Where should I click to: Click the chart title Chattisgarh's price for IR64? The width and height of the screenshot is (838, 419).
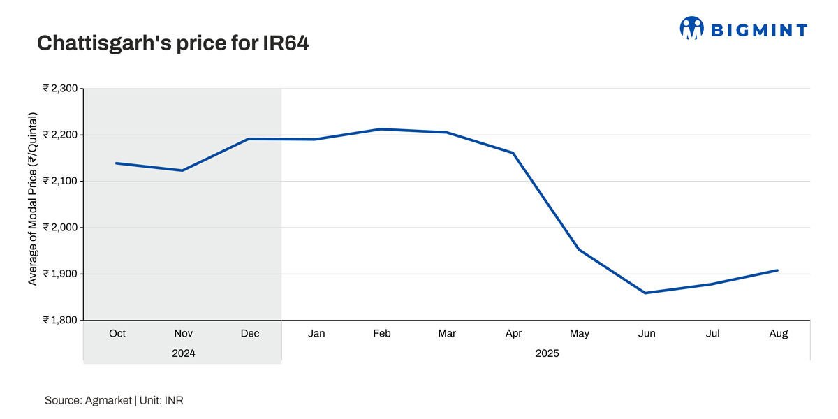pyautogui.click(x=172, y=43)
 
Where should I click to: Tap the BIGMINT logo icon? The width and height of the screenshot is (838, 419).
pyautogui.click(x=692, y=28)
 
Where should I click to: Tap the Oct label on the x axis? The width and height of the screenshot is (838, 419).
pyautogui.click(x=117, y=334)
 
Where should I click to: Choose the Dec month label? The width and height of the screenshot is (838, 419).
pyautogui.click(x=249, y=334)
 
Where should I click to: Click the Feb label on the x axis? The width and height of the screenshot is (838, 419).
pyautogui.click(x=381, y=334)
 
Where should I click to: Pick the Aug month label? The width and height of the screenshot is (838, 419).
pyautogui.click(x=778, y=334)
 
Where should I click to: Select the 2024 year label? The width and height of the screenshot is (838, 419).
pyautogui.click(x=184, y=353)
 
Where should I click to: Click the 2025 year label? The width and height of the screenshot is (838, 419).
pyautogui.click(x=547, y=353)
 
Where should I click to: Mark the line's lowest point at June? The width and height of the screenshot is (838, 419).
pyautogui.click(x=646, y=293)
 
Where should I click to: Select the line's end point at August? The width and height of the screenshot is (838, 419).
pyautogui.click(x=777, y=270)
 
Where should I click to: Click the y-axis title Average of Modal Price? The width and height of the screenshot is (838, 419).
pyautogui.click(x=33, y=198)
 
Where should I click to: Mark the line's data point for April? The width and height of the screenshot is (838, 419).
pyautogui.click(x=513, y=152)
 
